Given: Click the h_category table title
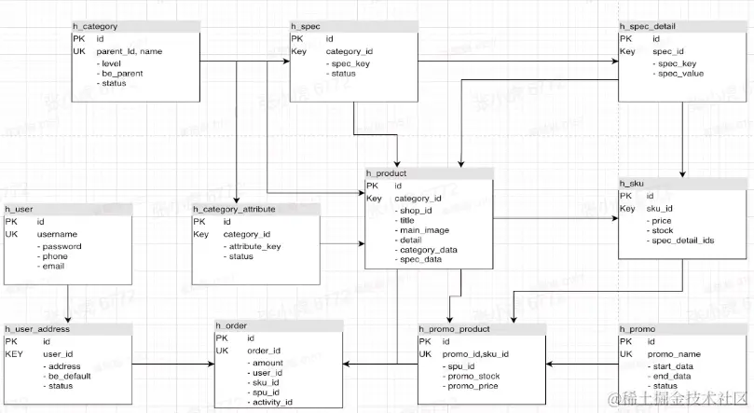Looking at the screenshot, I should [x=95, y=27].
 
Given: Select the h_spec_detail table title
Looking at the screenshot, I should [x=648, y=27].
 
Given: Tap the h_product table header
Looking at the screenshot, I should [x=387, y=173].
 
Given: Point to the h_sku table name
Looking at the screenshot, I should [x=633, y=184].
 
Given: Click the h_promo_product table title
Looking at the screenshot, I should [x=455, y=329].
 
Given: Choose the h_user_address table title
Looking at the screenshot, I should [x=38, y=329].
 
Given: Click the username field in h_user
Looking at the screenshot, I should [x=57, y=234].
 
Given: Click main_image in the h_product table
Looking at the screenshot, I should [x=425, y=229].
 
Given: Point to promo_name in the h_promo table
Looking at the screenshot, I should [x=674, y=354].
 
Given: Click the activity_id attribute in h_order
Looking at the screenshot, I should [x=272, y=402].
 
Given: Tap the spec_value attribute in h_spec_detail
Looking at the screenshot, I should [x=679, y=74].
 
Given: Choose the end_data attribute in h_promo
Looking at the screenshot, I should [x=672, y=376].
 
